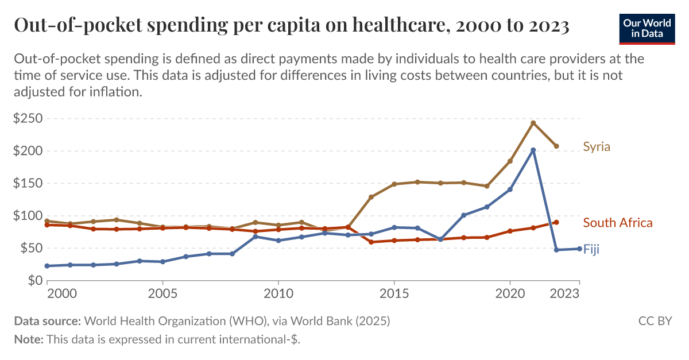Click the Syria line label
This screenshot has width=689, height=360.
[597, 147]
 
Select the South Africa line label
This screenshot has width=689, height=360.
[617, 223]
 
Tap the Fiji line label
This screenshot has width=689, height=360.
[591, 249]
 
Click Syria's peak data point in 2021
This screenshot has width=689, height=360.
[533, 123]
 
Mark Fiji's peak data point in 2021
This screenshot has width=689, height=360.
[533, 150]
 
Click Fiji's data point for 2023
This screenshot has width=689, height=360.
[579, 249]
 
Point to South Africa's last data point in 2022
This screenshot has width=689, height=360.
[556, 222]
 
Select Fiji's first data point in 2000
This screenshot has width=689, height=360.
[47, 266]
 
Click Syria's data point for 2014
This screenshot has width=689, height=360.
[371, 197]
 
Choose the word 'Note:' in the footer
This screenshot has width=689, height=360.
[29, 339]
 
